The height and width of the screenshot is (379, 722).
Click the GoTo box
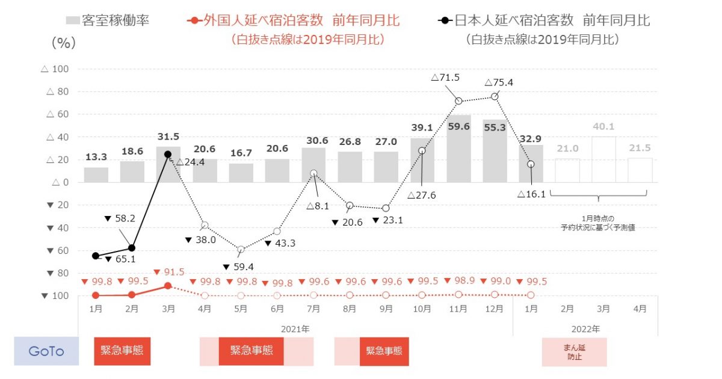(46, 351)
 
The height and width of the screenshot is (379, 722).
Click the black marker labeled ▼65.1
(96, 256)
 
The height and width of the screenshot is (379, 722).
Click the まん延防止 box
(574, 352)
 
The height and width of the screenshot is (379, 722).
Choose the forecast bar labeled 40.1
(603, 159)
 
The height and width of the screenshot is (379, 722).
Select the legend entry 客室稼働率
(108, 21)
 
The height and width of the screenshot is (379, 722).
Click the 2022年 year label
(585, 329)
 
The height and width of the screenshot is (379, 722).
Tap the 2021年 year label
(295, 329)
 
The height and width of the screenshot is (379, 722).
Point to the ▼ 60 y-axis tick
(57, 250)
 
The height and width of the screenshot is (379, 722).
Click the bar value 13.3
(96, 158)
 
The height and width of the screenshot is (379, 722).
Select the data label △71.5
(445, 78)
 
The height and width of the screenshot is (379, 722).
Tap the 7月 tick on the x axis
(313, 309)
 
